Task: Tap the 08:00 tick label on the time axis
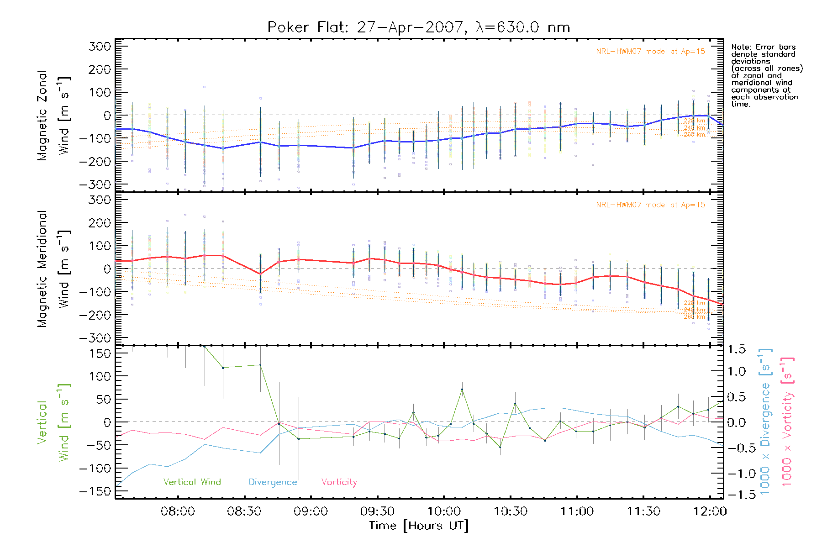178,511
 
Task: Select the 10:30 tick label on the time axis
511,511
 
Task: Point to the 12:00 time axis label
710,511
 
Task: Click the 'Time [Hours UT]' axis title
419,526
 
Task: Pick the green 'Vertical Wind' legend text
192,482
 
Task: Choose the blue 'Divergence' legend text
273,482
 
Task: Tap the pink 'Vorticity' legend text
339,482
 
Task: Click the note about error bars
766,75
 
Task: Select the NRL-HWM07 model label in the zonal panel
650,52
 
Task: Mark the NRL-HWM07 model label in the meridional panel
650,205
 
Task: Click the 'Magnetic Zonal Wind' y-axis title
54,116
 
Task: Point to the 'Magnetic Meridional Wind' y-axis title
54,269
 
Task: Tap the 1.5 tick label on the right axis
736,349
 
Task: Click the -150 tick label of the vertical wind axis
95,491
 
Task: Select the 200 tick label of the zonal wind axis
100,69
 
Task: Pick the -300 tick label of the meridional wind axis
95,338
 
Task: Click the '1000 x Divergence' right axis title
765,422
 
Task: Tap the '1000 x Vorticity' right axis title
787,422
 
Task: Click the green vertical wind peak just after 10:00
462,390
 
